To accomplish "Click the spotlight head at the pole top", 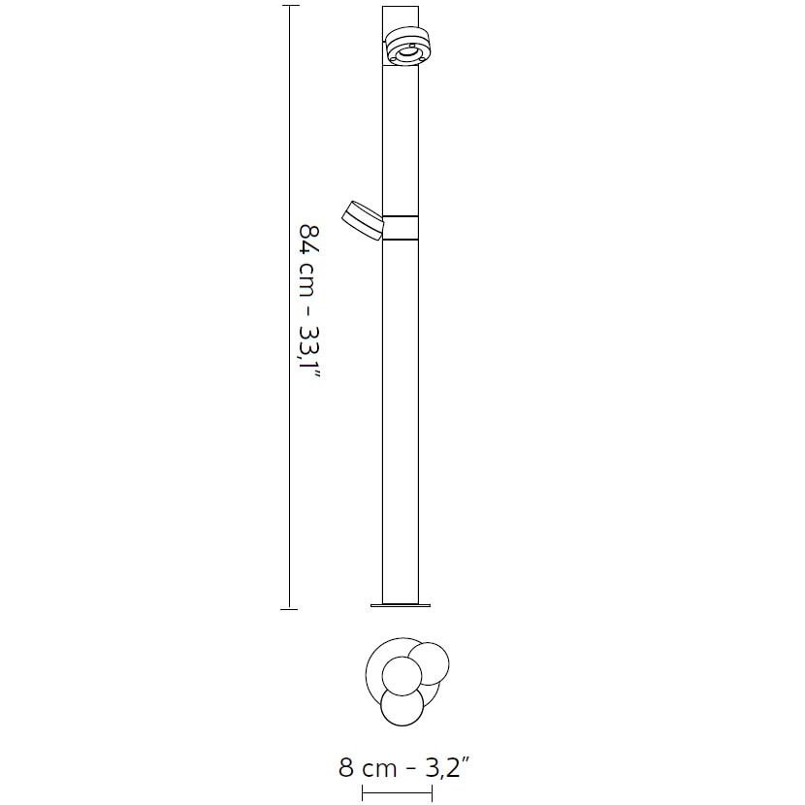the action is (408, 47).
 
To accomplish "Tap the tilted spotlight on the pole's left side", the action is (363, 220).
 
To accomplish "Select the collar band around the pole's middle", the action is (401, 228).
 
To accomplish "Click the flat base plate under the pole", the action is (401, 606).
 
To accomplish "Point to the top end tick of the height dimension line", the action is (290, 6).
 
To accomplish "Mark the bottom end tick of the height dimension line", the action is (289, 609).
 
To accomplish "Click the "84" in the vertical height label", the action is (309, 241).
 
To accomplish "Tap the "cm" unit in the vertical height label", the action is (306, 280).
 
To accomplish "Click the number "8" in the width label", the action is (346, 768).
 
